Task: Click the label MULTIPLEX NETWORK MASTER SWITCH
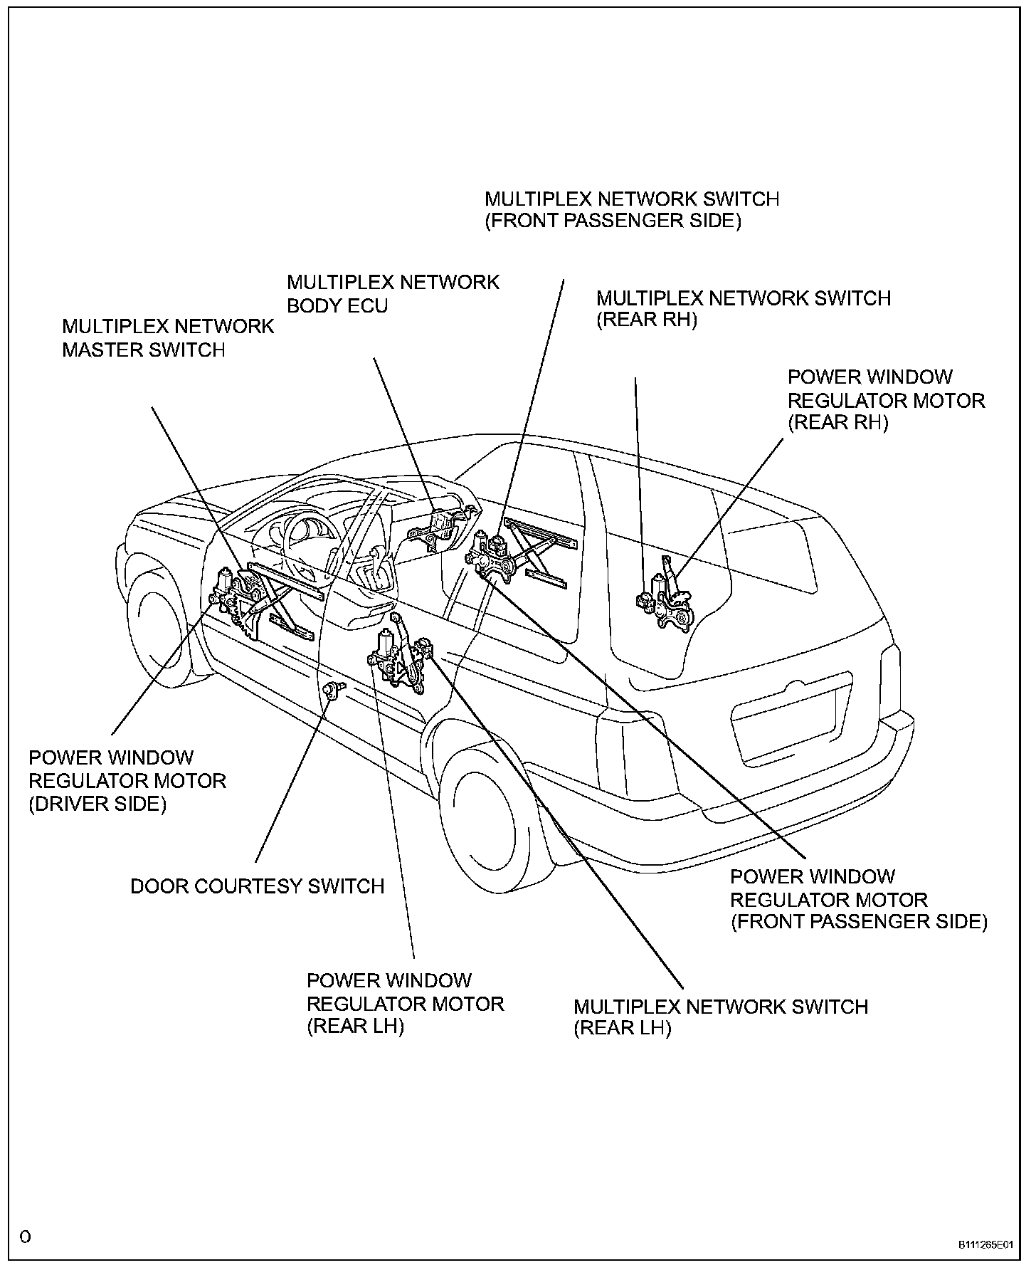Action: (x=168, y=338)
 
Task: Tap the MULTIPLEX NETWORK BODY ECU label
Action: (x=393, y=294)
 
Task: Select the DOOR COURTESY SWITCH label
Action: (x=257, y=886)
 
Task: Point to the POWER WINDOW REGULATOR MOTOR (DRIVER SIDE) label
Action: (x=127, y=781)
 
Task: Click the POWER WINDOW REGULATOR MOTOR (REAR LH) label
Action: (x=405, y=1004)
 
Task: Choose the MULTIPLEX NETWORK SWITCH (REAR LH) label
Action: (x=720, y=1017)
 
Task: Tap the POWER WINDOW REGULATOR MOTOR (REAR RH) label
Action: (x=886, y=400)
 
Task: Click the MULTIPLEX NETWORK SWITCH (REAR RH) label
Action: (x=744, y=308)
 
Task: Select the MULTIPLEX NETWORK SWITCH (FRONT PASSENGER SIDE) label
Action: (x=632, y=209)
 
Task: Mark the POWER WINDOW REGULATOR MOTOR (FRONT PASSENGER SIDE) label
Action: (x=858, y=899)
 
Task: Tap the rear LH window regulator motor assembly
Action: (x=392, y=658)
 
